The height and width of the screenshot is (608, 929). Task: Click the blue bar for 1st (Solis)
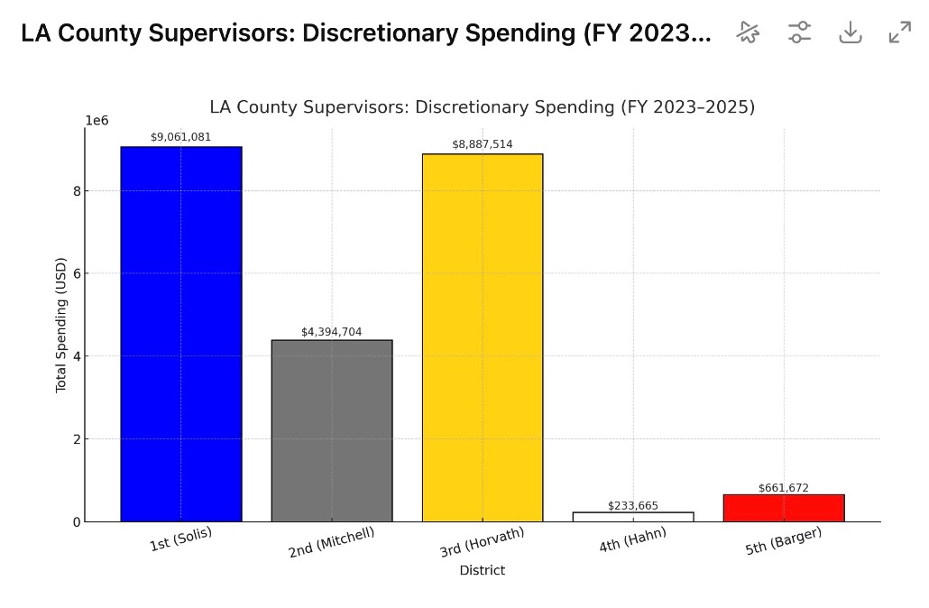pyautogui.click(x=180, y=334)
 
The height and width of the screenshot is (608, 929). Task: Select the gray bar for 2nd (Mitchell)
pyautogui.click(x=332, y=430)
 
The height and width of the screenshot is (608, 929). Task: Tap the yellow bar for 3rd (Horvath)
pyautogui.click(x=483, y=337)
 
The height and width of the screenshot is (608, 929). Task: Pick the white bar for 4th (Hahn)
pyautogui.click(x=633, y=517)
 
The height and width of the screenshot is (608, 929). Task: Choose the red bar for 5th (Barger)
pyautogui.click(x=784, y=508)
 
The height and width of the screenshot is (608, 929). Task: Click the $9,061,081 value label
pyautogui.click(x=180, y=137)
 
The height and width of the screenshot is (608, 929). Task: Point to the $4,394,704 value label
pyautogui.click(x=332, y=332)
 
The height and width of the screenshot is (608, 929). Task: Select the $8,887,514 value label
pyautogui.click(x=483, y=144)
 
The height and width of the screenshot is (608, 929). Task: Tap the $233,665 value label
pyautogui.click(x=633, y=506)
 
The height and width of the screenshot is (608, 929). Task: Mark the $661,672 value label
pyautogui.click(x=784, y=488)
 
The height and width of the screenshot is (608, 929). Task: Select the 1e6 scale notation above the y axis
pyautogui.click(x=97, y=121)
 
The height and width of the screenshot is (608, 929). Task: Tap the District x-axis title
pyautogui.click(x=483, y=571)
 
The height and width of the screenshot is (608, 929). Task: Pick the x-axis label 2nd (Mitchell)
pyautogui.click(x=332, y=541)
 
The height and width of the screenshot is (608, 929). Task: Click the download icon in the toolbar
pyautogui.click(x=851, y=32)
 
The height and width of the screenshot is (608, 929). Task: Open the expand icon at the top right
pyautogui.click(x=900, y=32)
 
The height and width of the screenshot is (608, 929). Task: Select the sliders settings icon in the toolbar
pyautogui.click(x=799, y=32)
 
